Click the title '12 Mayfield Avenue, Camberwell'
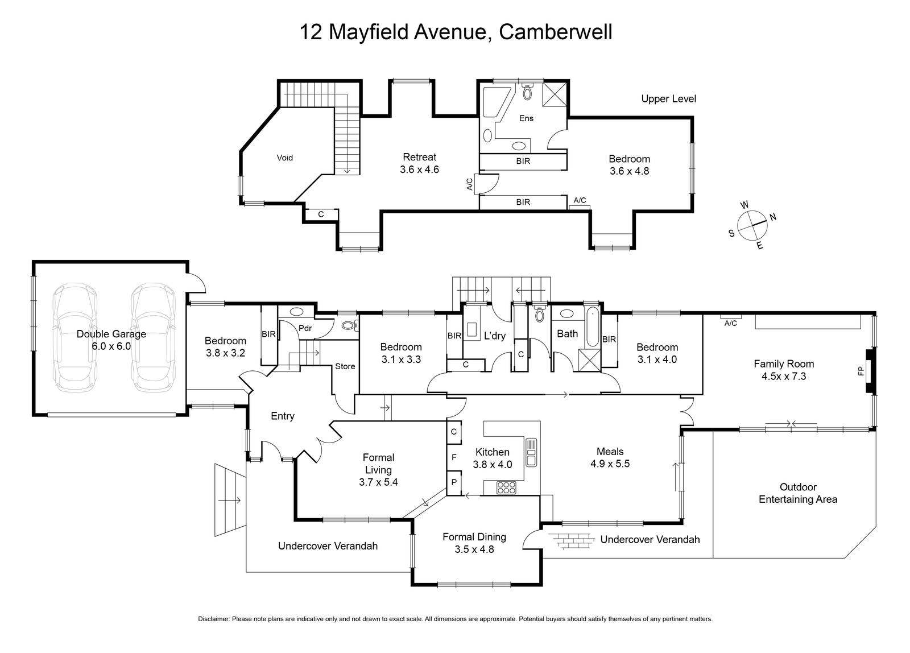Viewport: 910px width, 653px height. click(456, 32)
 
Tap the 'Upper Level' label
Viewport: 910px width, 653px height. click(668, 99)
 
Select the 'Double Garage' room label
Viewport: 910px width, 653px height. click(111, 334)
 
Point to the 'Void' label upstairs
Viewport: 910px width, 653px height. click(284, 158)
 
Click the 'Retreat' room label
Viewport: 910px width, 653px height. click(419, 157)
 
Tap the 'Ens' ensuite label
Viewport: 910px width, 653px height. click(526, 118)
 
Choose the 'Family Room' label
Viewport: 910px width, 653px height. click(784, 364)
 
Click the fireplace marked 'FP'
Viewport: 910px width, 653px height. click(869, 371)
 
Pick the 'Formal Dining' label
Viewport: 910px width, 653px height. click(474, 537)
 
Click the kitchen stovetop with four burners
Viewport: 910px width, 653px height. click(506, 487)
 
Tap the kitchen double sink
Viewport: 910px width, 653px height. click(531, 452)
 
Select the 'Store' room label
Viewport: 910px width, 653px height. click(345, 366)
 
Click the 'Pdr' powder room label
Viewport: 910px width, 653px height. click(305, 328)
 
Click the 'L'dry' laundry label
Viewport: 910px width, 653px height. click(494, 336)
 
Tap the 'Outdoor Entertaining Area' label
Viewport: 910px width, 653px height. click(798, 493)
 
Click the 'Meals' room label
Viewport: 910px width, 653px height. click(610, 452)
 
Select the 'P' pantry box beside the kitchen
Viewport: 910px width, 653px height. click(454, 482)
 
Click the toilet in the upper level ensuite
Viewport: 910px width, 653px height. click(527, 92)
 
